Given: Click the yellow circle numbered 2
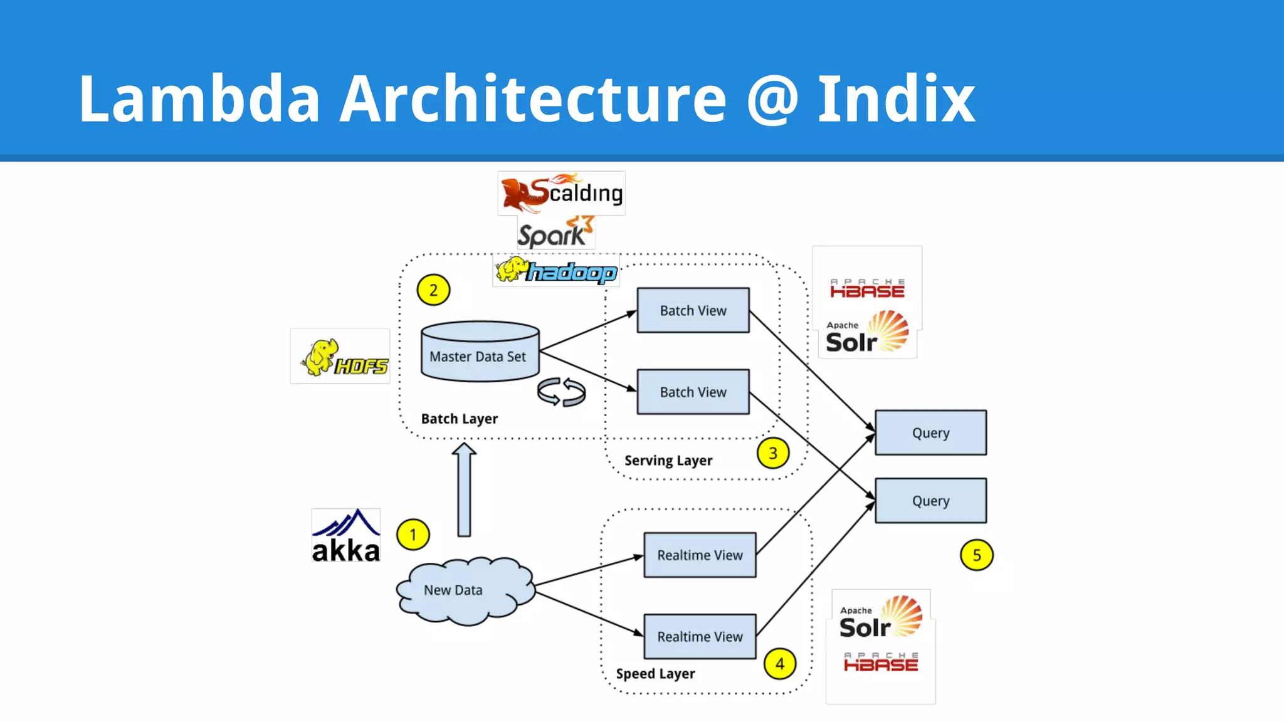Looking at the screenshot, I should click(433, 290).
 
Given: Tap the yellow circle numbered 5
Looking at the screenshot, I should click(976, 555).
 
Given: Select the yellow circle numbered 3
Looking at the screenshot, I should click(772, 453).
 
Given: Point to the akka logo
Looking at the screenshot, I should click(346, 536).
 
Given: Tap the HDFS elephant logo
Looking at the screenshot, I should click(340, 357).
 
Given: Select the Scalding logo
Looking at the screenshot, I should click(562, 193).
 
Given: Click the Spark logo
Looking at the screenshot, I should click(555, 233).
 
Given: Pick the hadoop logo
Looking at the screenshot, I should click(556, 271).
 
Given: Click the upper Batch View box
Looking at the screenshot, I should click(693, 310).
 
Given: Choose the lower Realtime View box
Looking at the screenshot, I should click(700, 637).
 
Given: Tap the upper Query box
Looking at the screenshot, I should click(930, 433).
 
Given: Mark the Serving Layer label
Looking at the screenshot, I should click(668, 461).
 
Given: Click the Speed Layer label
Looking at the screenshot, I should click(655, 674).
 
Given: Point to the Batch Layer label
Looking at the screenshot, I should click(459, 419).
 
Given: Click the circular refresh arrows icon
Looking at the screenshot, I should click(561, 392).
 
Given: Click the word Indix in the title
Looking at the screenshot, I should click(896, 99).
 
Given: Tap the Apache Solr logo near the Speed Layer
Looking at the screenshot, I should click(880, 619).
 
